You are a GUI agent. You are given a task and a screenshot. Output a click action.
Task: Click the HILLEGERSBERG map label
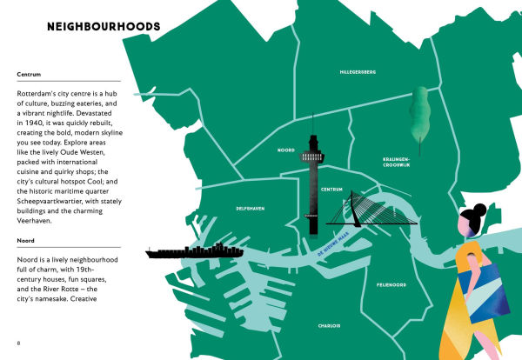[358, 72]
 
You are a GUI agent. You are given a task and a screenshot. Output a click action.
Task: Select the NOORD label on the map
[286, 150]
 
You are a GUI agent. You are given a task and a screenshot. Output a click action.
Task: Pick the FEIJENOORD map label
[392, 284]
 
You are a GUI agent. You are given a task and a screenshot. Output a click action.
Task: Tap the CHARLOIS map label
[329, 326]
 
